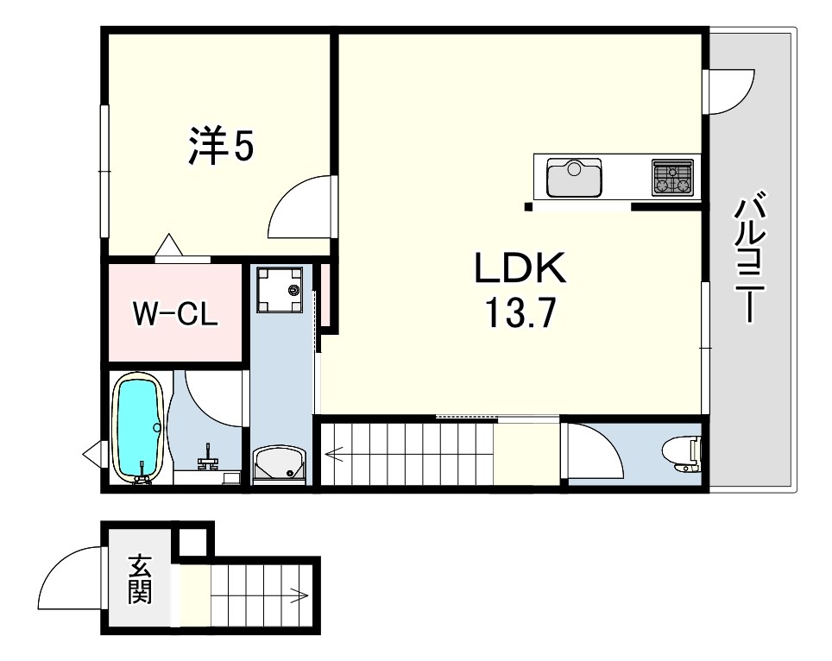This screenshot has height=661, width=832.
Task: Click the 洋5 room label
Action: click(222, 146)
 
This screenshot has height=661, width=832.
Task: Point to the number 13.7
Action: click(520, 313)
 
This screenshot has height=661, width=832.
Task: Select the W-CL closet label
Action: click(175, 313)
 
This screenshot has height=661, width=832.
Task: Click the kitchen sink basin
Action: click(575, 177)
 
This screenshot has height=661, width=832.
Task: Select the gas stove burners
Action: click(673, 177)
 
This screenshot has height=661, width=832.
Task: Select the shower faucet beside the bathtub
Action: click(208, 456)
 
